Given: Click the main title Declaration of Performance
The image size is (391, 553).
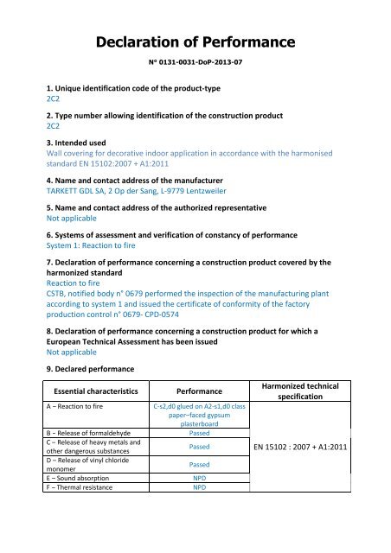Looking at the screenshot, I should pos(195,41).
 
